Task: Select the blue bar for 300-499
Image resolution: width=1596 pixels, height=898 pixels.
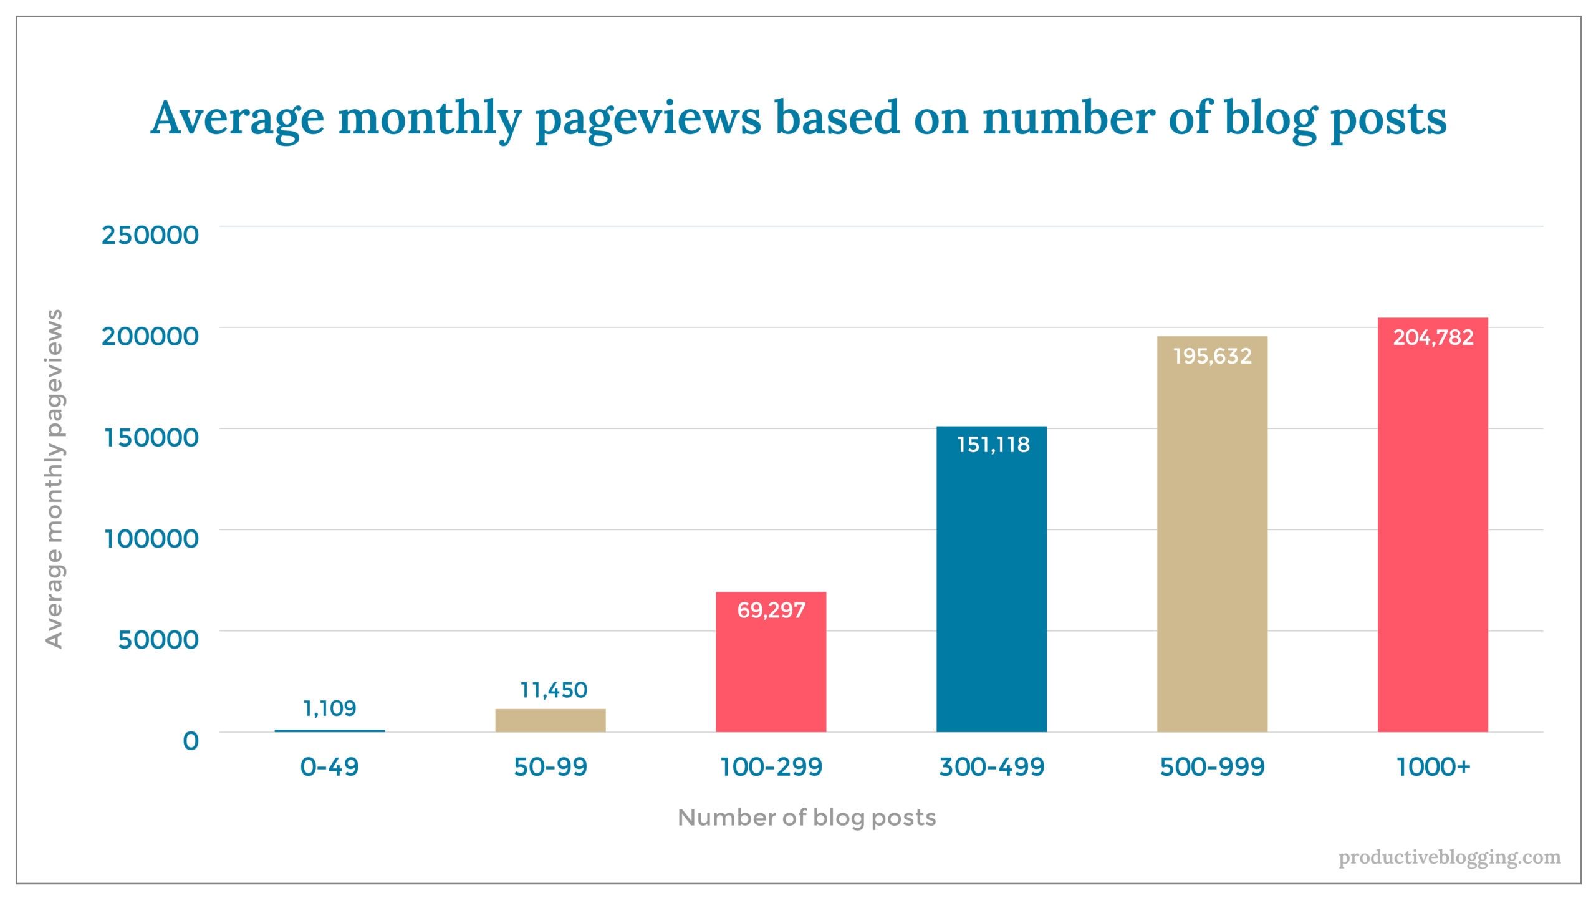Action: (991, 592)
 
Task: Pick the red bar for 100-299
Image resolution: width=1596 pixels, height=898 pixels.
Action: (771, 673)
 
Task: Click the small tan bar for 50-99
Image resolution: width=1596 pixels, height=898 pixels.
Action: (550, 720)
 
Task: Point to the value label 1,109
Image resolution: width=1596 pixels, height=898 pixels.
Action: (329, 708)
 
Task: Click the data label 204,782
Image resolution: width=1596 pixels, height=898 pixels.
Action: (1433, 337)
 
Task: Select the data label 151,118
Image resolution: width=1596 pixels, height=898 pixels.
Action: (993, 445)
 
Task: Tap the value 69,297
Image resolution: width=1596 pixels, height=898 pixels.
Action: (771, 610)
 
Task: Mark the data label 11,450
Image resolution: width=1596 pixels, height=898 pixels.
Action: (553, 690)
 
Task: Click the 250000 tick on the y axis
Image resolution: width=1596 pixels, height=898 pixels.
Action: (150, 236)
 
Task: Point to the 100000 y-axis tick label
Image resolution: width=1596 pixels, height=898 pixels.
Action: (151, 539)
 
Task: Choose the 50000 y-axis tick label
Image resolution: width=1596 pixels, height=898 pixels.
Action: (158, 640)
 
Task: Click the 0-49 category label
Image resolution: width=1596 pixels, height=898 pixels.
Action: (329, 767)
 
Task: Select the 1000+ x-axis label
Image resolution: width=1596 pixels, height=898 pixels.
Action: (1433, 767)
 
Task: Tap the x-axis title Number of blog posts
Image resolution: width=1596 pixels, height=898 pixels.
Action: (807, 818)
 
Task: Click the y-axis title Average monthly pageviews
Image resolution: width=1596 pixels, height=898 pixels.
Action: (54, 479)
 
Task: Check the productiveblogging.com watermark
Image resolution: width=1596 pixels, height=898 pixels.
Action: (1449, 857)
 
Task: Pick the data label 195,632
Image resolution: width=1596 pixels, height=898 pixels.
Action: (1212, 356)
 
